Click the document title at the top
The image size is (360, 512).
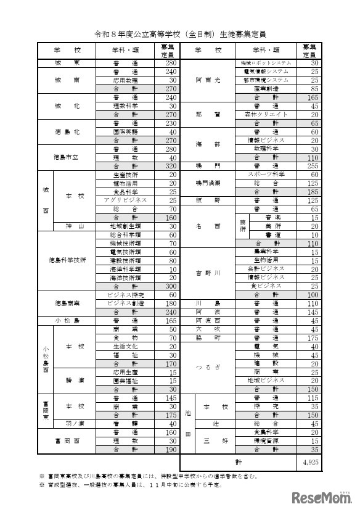click(x=180, y=34)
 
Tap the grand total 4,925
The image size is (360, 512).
click(x=310, y=461)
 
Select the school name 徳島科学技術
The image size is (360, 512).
click(x=67, y=260)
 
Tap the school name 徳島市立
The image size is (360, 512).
click(x=67, y=157)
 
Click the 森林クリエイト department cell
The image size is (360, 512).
click(x=266, y=115)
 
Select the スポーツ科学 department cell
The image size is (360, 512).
click(x=266, y=175)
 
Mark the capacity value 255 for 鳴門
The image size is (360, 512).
click(x=310, y=166)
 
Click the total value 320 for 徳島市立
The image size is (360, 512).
click(x=170, y=166)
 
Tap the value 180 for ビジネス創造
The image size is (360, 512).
click(x=170, y=303)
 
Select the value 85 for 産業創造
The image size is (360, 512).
click(x=310, y=88)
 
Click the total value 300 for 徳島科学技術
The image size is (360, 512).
click(x=170, y=286)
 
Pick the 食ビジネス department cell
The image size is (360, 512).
click(x=266, y=286)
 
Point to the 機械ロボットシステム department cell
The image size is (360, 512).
click(x=266, y=63)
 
